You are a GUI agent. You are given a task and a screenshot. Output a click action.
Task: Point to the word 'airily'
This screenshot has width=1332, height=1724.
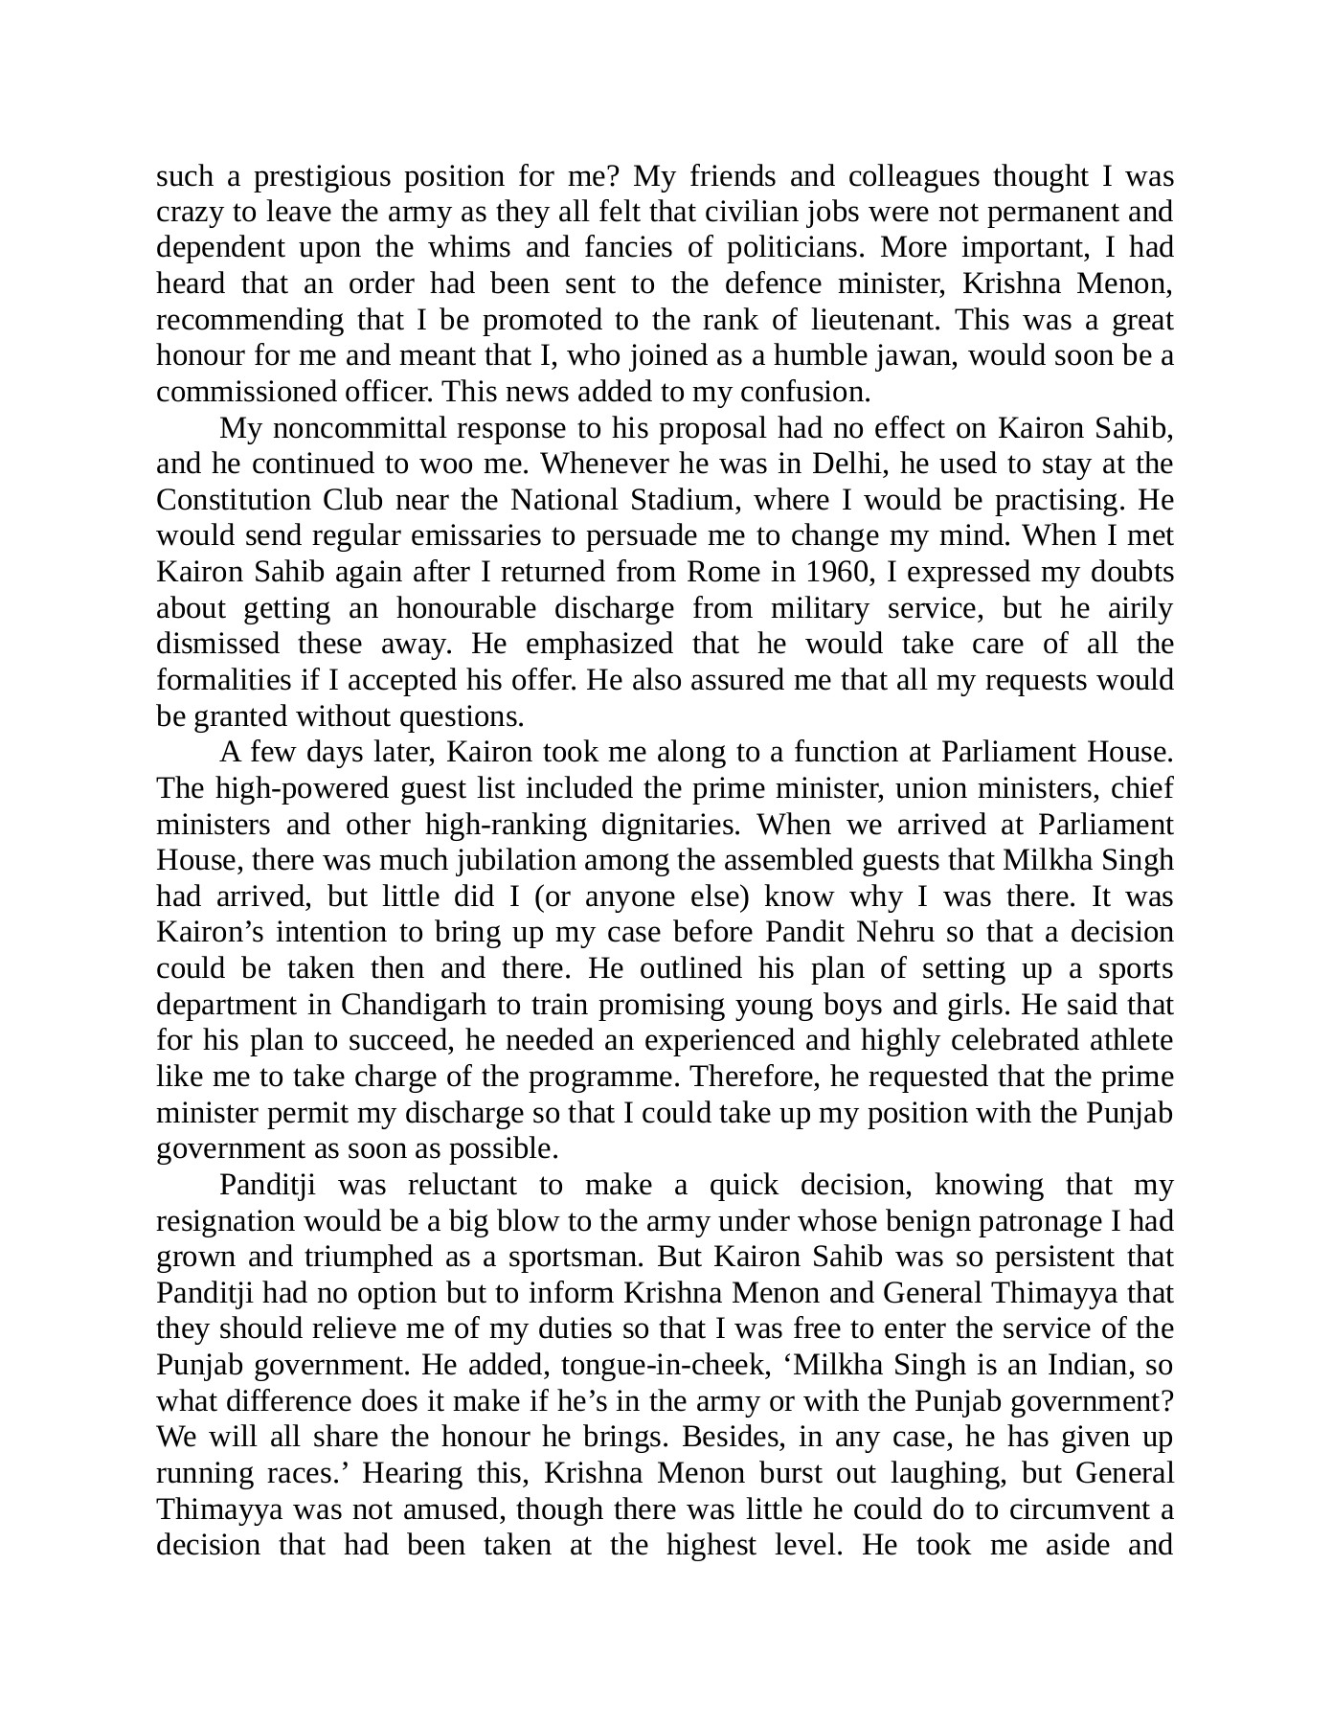click(x=1137, y=609)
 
